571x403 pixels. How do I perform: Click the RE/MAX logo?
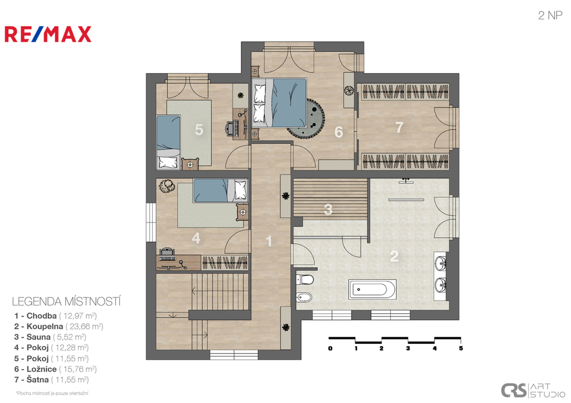(48, 34)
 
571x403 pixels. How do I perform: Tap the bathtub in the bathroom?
(372, 289)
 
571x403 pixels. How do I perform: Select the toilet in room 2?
(305, 280)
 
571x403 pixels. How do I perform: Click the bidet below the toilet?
(304, 298)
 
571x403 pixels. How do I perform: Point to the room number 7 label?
(399, 127)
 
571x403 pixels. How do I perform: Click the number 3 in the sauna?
(328, 210)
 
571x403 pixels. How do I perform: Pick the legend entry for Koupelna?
(59, 326)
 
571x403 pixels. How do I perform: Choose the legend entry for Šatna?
(51, 380)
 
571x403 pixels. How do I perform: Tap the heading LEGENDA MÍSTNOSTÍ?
(66, 302)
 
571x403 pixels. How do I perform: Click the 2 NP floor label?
(550, 15)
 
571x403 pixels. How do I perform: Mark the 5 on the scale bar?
(461, 348)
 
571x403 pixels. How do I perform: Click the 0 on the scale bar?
(330, 348)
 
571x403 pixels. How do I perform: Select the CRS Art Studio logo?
(533, 390)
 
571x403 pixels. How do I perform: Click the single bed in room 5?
(168, 142)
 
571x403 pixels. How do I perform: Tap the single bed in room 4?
(220, 190)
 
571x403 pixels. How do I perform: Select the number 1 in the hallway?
(269, 241)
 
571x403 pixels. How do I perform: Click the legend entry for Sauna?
(50, 337)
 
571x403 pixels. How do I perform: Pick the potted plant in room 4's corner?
(167, 186)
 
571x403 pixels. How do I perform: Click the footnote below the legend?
(52, 393)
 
